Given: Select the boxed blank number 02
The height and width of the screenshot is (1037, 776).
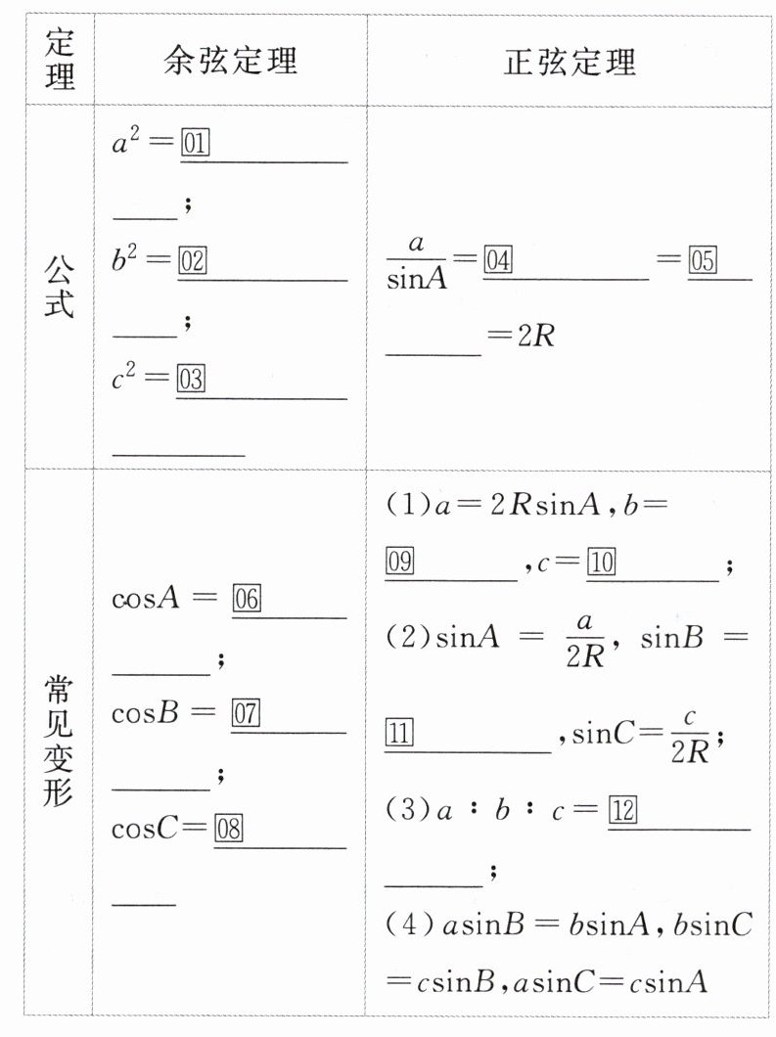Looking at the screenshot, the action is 192,261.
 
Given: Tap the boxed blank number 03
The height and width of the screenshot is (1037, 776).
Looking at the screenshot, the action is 191,380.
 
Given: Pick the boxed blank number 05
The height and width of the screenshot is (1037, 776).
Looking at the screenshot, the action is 703,261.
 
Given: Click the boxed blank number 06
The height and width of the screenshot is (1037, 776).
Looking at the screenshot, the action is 246,599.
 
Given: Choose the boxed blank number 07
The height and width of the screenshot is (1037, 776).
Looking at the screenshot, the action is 245,713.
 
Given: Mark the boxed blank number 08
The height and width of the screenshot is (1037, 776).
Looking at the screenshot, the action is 228,830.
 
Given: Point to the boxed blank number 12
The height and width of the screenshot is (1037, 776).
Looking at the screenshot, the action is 622,811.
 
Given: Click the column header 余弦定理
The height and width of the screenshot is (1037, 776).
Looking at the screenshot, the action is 230,62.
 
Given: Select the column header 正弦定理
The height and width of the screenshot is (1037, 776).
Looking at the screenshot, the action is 570,62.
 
